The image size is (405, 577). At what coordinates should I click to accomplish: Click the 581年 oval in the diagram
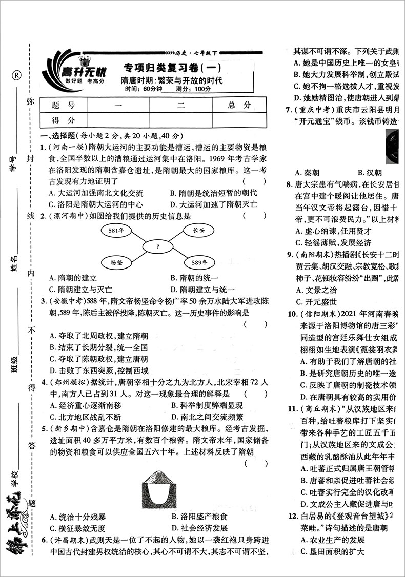point(117,231)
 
